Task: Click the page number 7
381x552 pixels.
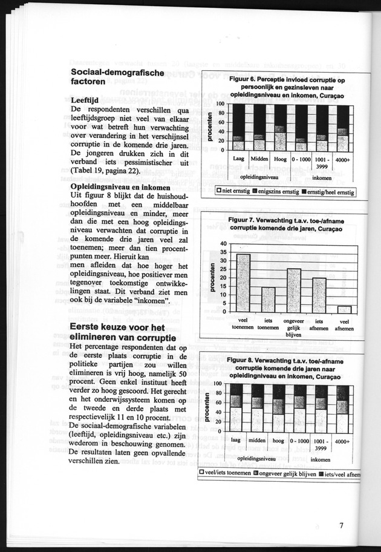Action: [342, 525]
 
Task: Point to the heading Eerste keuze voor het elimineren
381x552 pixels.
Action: [122, 332]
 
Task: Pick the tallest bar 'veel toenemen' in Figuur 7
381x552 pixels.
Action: [243, 283]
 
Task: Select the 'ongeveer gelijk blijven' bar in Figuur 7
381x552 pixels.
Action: [294, 290]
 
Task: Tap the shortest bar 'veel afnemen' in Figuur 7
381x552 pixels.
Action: [344, 309]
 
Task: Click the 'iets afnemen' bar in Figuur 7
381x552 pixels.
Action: [319, 295]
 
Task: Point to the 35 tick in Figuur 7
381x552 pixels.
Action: [224, 252]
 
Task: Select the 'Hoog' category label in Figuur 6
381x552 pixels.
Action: [280, 159]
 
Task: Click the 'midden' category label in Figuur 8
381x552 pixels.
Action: [257, 441]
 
